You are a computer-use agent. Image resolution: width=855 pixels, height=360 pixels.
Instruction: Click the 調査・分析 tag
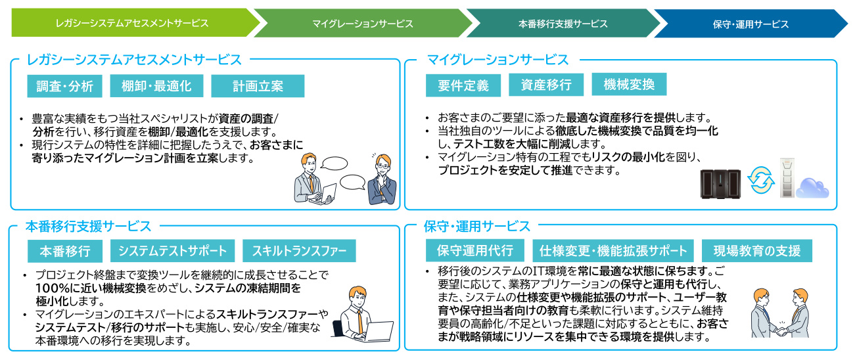tap(65, 86)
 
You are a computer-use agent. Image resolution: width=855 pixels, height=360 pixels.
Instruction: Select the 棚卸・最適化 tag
tap(156, 86)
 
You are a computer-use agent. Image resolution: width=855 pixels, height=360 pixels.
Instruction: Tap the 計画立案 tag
tap(258, 86)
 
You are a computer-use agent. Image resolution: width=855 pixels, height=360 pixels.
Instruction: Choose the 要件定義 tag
tap(463, 85)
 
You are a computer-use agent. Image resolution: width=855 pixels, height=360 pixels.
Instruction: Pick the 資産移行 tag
tap(546, 85)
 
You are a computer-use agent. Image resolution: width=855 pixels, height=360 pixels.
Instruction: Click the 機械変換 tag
tap(629, 84)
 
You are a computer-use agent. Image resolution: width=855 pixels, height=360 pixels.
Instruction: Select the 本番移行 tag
tap(64, 251)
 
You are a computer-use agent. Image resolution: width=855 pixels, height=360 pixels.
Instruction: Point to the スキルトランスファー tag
tap(299, 250)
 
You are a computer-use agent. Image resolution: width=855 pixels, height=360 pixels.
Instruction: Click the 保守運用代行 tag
tap(475, 250)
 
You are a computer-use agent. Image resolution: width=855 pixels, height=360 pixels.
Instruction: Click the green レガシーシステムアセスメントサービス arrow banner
tap(131, 23)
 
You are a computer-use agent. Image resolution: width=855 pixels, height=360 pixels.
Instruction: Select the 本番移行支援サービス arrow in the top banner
tap(563, 24)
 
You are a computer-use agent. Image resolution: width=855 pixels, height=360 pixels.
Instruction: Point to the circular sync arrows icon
tap(761, 180)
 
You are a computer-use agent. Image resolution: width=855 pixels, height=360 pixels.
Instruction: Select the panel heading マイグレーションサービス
tap(497, 60)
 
